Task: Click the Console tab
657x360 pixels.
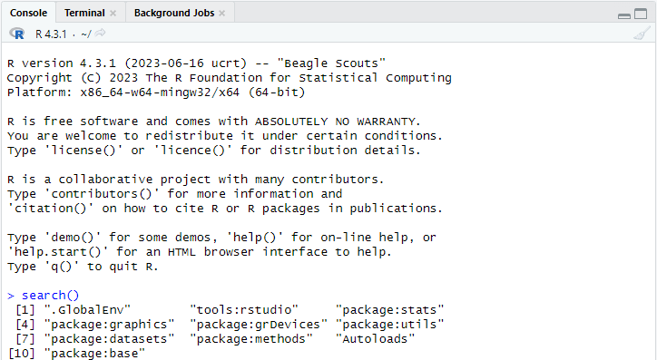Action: click(28, 13)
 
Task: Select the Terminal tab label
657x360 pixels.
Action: click(84, 13)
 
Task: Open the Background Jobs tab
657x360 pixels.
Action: click(174, 13)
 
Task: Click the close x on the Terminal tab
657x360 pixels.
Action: click(113, 14)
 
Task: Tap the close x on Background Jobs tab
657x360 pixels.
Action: click(222, 14)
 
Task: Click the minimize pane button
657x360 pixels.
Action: click(624, 16)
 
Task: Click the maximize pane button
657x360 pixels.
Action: click(641, 14)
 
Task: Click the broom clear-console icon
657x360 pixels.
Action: click(642, 34)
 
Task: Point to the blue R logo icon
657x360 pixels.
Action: click(17, 34)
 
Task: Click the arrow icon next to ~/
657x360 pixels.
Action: click(100, 33)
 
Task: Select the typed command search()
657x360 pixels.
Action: click(50, 296)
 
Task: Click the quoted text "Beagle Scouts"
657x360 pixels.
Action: click(331, 63)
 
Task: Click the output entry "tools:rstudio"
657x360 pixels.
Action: click(244, 310)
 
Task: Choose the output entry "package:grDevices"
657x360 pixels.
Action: click(259, 325)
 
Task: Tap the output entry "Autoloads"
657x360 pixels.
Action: click(375, 338)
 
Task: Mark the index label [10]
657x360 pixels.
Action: click(22, 354)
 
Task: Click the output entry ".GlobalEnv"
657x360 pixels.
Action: click(87, 310)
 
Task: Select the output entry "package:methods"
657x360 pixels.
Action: click(251, 338)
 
